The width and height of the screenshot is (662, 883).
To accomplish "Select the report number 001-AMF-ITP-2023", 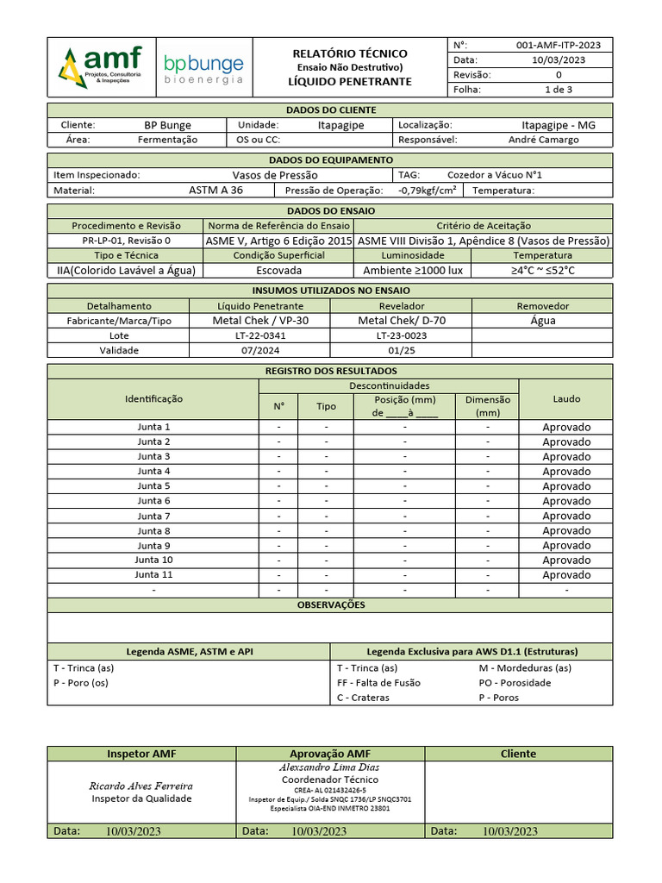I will [x=558, y=45].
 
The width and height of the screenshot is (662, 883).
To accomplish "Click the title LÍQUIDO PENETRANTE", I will [x=349, y=82].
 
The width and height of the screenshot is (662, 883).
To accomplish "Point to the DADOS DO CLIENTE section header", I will [x=330, y=110].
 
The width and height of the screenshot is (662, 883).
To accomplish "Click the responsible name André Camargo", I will [x=544, y=140].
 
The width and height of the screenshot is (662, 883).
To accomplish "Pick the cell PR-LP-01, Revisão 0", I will [x=127, y=241].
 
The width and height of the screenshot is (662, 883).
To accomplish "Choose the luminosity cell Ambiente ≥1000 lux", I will [x=413, y=270].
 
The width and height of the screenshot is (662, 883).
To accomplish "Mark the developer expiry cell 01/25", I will [x=402, y=350].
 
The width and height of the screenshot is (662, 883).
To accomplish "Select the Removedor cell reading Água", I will [x=543, y=321].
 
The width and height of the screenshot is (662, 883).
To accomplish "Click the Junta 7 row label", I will [x=154, y=516].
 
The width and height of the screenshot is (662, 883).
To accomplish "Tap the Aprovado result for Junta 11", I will [x=566, y=575].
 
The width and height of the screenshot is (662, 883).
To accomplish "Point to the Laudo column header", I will [x=566, y=398].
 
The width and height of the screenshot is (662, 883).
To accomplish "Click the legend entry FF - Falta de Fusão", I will [x=378, y=683].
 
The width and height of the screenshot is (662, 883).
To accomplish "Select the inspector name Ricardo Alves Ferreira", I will [x=141, y=786].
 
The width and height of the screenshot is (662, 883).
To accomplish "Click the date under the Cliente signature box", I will [x=509, y=831].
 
